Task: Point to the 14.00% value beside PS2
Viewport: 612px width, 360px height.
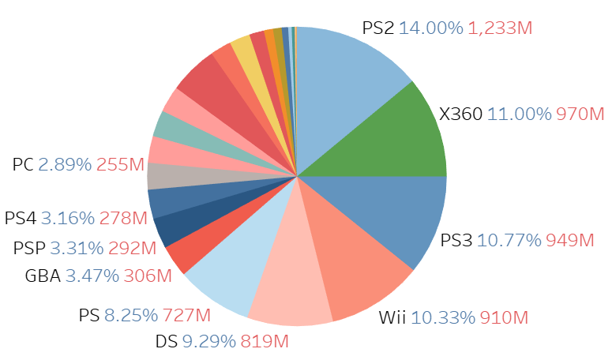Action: click(430, 28)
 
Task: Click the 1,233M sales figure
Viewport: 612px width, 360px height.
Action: click(500, 28)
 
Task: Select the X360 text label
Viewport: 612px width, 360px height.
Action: click(460, 114)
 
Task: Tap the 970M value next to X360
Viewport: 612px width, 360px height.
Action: click(580, 114)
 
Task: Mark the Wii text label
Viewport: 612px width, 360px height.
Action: click(392, 318)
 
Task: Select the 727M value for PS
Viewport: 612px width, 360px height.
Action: click(186, 316)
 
